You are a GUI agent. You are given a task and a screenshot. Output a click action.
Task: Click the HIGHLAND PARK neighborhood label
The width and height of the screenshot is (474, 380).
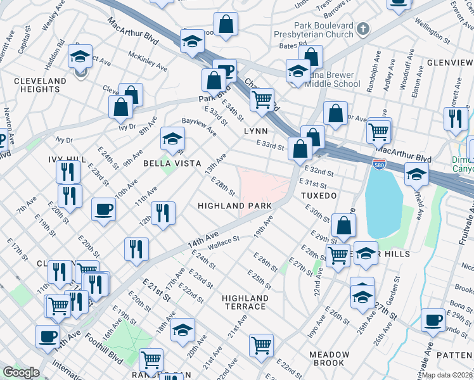(234, 206)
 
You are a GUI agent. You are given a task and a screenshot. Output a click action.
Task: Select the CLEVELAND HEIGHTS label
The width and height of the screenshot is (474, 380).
(40, 85)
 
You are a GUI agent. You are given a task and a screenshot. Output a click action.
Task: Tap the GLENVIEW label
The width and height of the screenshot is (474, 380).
(450, 63)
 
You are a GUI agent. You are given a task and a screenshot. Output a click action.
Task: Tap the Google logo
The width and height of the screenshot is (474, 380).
(21, 372)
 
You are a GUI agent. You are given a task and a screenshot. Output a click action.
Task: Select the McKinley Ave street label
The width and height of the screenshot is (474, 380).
(148, 61)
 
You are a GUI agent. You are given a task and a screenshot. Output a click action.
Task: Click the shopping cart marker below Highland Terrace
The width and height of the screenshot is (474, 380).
(261, 345)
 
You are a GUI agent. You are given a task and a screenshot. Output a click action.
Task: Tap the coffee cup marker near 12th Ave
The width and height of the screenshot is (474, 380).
(103, 209)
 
